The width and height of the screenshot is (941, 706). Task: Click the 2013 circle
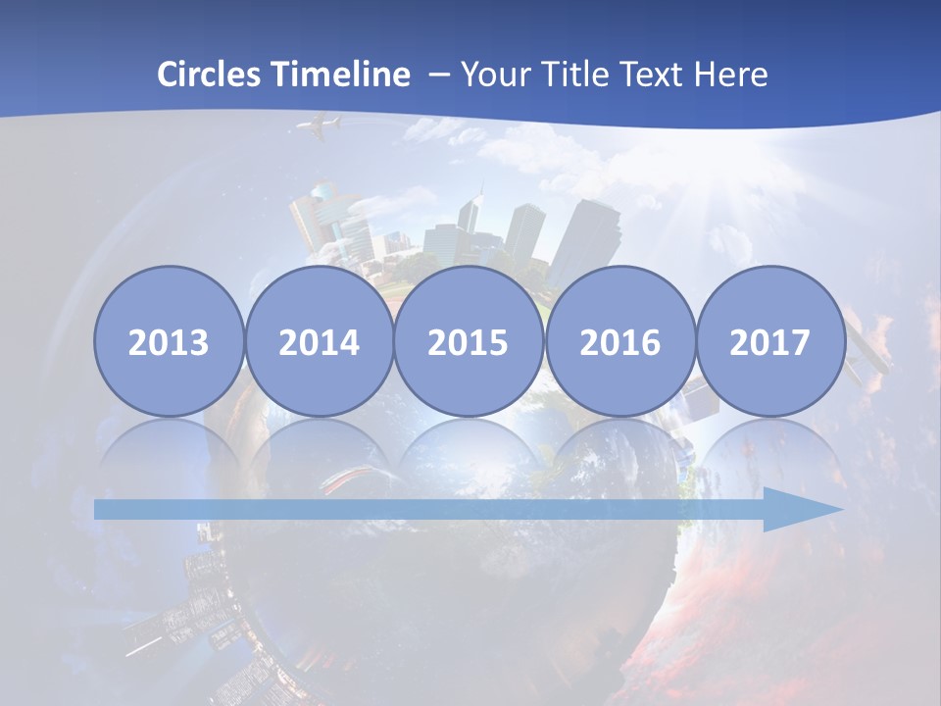pos(169,341)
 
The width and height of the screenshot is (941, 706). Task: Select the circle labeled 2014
pos(319,341)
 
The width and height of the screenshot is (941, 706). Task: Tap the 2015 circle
pos(469,341)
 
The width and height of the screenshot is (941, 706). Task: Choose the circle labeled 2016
pos(619,341)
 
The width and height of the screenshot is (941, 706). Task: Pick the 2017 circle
pos(769,341)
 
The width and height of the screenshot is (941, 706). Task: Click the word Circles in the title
pos(210,75)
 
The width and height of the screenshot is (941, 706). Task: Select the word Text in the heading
pos(648,75)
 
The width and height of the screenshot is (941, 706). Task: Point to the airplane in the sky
pos(318,126)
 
